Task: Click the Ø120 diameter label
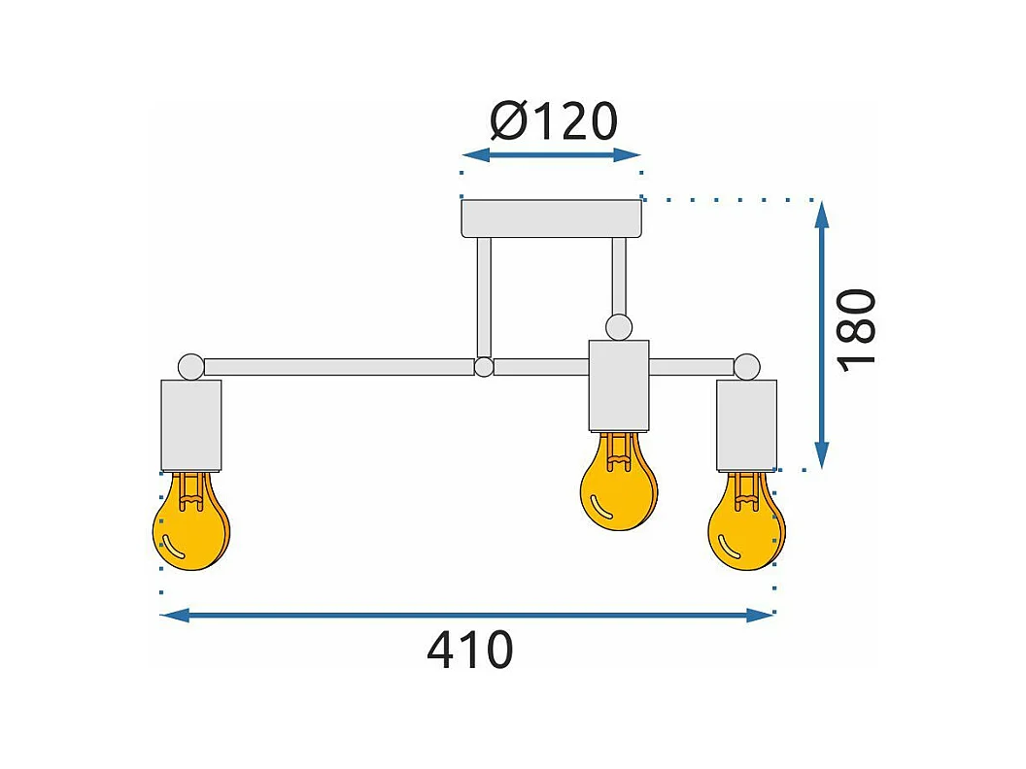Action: click(554, 122)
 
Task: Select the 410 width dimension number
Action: click(469, 651)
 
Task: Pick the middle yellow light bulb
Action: click(618, 485)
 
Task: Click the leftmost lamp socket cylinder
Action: click(190, 425)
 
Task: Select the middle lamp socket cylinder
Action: click(618, 385)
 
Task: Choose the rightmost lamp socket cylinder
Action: click(746, 425)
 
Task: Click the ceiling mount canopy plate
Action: click(552, 218)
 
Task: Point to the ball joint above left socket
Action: click(190, 367)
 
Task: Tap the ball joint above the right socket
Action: click(746, 367)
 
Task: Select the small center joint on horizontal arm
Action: click(484, 367)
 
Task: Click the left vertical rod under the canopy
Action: click(484, 296)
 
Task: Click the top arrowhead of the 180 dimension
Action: click(822, 214)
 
